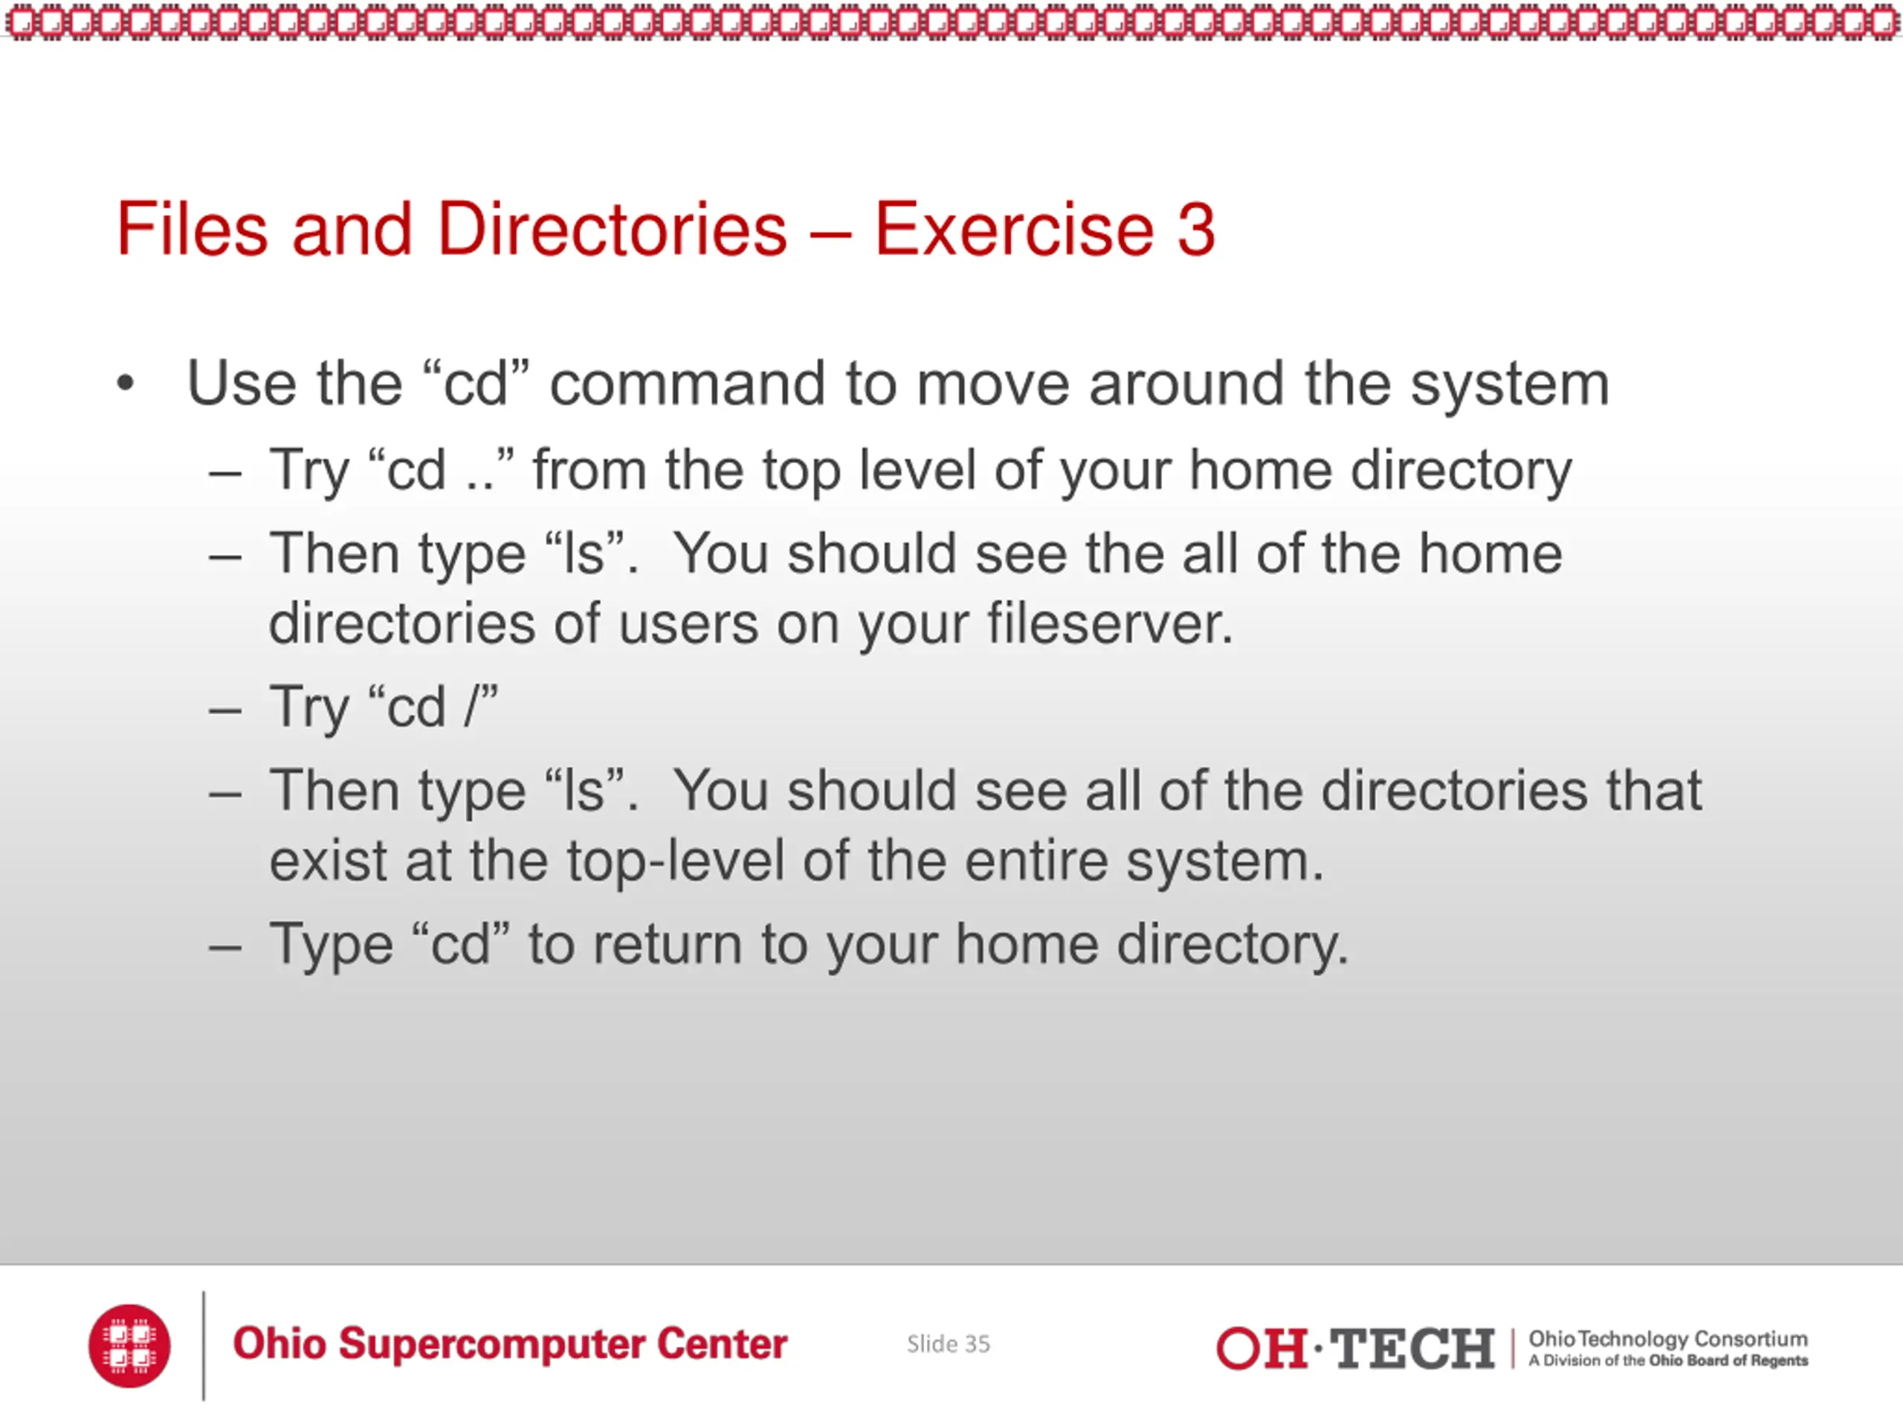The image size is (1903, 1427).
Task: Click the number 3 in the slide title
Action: tap(1196, 230)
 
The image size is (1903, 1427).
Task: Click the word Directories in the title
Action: tap(613, 229)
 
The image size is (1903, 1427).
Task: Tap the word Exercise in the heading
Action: tap(1014, 229)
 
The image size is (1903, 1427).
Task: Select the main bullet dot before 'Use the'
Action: tap(126, 384)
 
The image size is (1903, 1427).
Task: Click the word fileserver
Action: tap(1110, 623)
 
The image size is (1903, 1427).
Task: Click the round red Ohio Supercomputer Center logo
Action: tap(129, 1345)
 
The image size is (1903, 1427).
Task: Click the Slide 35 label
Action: tap(948, 1344)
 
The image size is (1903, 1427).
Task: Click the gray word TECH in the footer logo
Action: tap(1412, 1348)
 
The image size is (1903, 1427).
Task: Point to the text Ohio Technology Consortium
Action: tap(1668, 1339)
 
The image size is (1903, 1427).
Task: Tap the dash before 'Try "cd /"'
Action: tap(224, 710)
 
